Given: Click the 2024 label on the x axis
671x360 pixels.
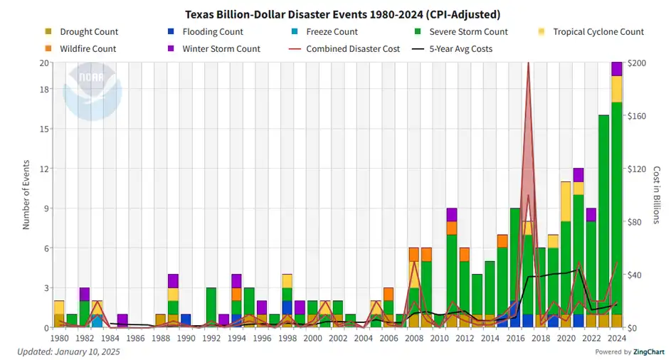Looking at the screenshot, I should pyautogui.click(x=617, y=339).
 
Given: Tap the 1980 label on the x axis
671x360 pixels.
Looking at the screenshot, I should pyautogui.click(x=59, y=339).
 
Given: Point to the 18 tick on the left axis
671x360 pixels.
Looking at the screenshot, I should pyautogui.click(x=43, y=89).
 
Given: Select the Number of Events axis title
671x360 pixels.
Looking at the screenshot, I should pyautogui.click(x=26, y=195).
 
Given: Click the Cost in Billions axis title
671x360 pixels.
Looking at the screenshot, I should pyautogui.click(x=657, y=195).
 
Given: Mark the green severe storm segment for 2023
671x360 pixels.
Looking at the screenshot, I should pyautogui.click(x=604, y=213).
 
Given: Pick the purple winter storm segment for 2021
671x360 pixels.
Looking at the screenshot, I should pyautogui.click(x=578, y=174).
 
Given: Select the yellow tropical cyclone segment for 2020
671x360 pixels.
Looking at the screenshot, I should pyautogui.click(x=566, y=201).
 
